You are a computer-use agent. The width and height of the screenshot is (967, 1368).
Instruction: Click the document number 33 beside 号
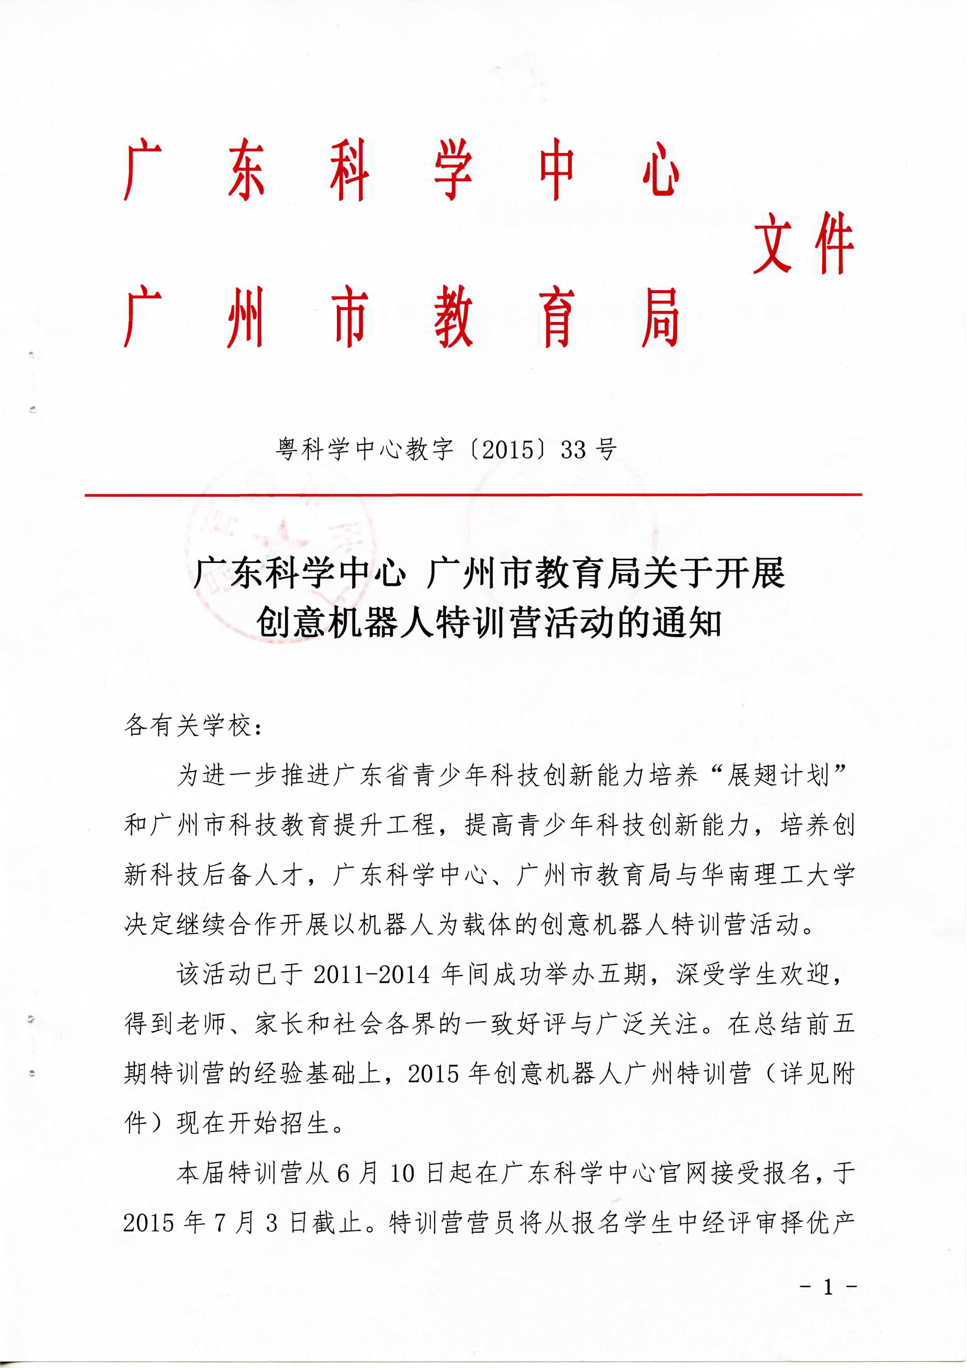(x=573, y=449)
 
